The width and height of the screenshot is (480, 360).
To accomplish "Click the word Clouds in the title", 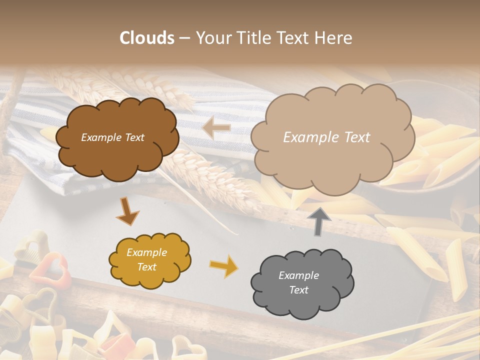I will [147, 38].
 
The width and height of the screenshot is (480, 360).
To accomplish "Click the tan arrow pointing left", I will [216, 128].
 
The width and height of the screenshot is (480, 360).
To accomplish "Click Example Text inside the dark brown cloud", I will [112, 137].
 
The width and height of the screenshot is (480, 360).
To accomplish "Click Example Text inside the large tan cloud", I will [326, 137].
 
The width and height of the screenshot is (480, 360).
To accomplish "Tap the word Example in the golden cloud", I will [146, 252].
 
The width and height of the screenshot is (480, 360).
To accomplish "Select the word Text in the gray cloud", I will [298, 290].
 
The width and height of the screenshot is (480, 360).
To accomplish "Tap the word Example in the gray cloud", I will [298, 275].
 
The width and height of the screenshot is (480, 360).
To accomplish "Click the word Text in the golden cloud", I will [146, 267].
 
